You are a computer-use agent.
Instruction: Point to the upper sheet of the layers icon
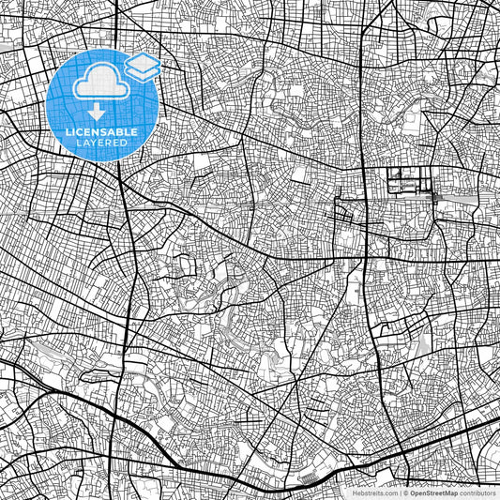[x=142, y=61]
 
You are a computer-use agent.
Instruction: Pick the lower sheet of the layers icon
[x=142, y=70]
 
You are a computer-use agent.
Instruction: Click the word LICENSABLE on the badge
[x=103, y=132]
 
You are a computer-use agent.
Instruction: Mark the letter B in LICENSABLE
[x=122, y=132]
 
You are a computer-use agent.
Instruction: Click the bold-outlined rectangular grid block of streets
[x=407, y=182]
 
